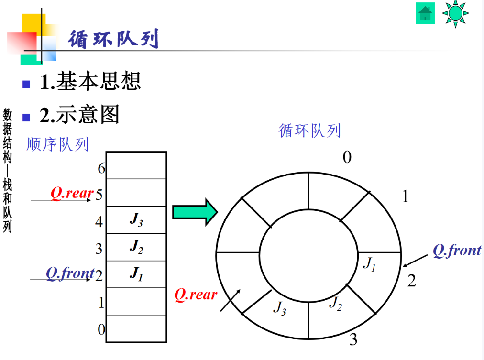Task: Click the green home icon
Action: point(425,13)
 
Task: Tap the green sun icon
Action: point(455,13)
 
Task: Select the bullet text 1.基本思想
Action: point(90,82)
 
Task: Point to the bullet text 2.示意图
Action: point(79,115)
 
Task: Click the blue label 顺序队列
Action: point(58,144)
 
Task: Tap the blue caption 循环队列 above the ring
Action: point(309,130)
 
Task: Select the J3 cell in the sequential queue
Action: point(136,220)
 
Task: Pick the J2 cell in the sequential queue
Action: point(136,247)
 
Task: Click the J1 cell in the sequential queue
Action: point(136,274)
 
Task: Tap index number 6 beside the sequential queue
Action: point(101,168)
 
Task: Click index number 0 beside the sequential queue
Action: point(101,329)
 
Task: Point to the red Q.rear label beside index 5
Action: point(72,193)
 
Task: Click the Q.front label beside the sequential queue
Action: point(70,273)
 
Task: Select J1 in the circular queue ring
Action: point(369,263)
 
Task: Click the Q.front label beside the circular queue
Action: point(457,251)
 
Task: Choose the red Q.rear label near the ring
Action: point(195,295)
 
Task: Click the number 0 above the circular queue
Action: point(347,157)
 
